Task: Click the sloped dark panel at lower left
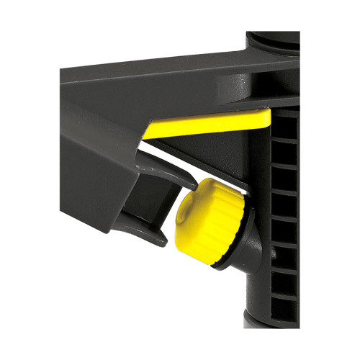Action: pyautogui.click(x=86, y=166)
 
